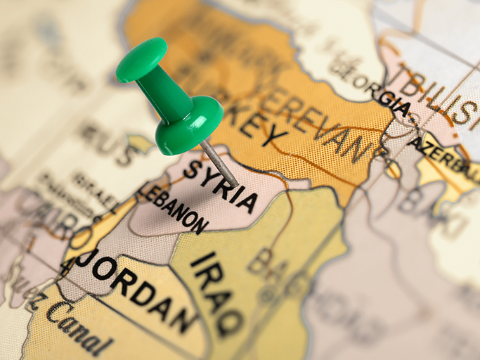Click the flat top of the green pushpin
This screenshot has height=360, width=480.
point(141,59)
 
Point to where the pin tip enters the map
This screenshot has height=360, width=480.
point(236,186)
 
